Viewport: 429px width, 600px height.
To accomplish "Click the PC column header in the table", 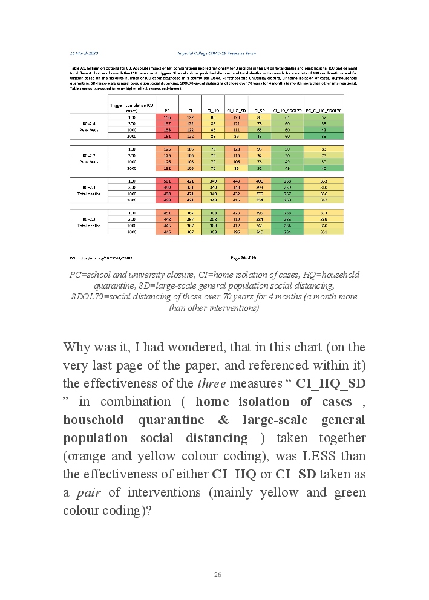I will [x=166, y=111].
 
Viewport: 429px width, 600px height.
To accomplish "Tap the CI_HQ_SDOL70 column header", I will [x=283, y=111].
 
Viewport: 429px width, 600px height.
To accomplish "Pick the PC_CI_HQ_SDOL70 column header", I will [x=324, y=111].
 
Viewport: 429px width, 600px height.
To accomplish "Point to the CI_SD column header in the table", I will [x=259, y=111].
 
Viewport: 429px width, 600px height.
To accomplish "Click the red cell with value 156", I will [x=166, y=117].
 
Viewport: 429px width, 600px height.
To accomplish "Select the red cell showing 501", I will [x=166, y=181].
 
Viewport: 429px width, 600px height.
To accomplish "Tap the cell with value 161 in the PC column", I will [x=166, y=137].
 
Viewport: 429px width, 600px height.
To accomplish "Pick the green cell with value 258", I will [x=283, y=181].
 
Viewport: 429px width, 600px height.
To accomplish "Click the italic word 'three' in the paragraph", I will [x=208, y=383].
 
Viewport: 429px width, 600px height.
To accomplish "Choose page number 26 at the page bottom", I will [x=217, y=574].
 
